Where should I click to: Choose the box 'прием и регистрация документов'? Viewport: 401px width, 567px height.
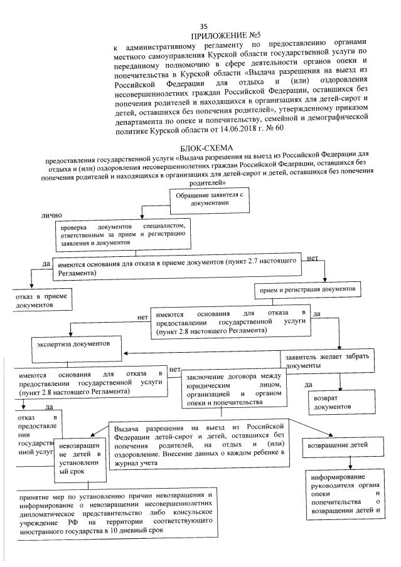point(307,289)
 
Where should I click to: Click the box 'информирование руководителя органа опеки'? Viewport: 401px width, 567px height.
point(346,496)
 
